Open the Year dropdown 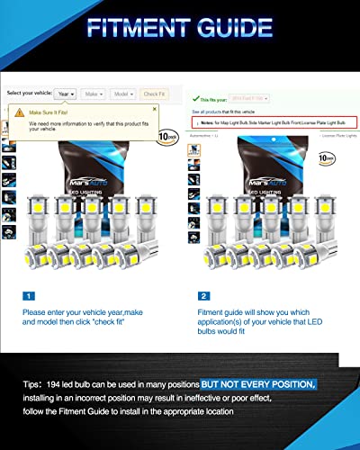click(x=65, y=94)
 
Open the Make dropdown click(x=93, y=94)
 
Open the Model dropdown click(x=122, y=94)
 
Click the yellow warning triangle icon click(x=20, y=112)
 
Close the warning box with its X click(x=152, y=109)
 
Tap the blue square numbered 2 click(x=206, y=295)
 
